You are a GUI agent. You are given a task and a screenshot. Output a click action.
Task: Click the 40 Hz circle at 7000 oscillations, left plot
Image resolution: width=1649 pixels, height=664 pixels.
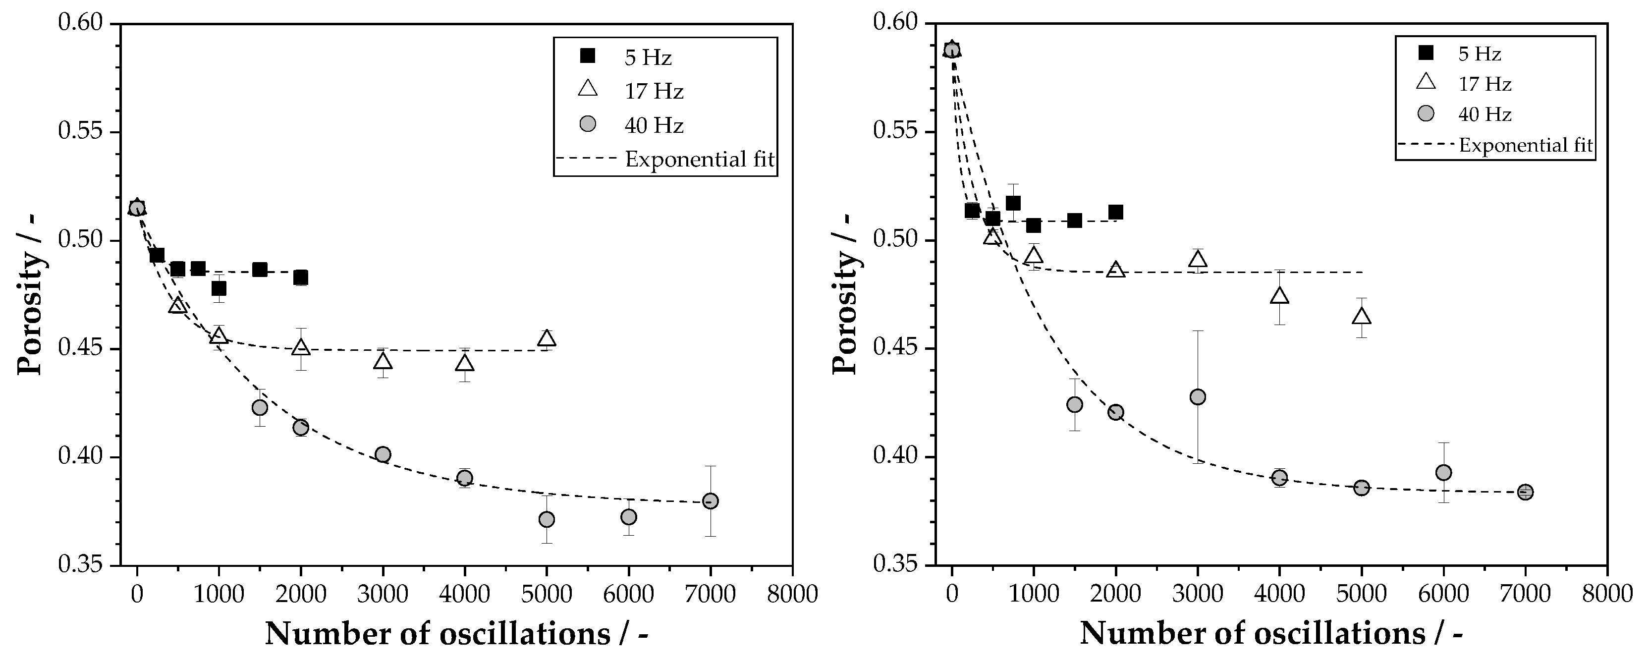(710, 500)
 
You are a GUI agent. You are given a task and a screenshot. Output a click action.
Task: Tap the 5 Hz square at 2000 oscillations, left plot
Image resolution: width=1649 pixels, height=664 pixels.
(300, 277)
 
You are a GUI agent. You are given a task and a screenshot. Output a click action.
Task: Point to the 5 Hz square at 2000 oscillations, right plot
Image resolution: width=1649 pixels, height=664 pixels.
(1115, 212)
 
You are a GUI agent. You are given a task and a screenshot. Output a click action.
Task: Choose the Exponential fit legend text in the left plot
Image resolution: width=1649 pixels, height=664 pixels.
(700, 159)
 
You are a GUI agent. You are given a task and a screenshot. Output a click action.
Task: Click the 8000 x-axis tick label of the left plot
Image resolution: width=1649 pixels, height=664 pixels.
(792, 594)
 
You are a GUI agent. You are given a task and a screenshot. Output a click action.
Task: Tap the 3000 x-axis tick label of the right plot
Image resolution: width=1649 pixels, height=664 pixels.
(1197, 594)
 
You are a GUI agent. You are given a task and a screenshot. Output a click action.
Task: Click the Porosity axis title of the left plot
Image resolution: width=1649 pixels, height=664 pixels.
(30, 294)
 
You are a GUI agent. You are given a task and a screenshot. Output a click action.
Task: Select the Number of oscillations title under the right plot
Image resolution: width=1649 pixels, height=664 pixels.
(1270, 634)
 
